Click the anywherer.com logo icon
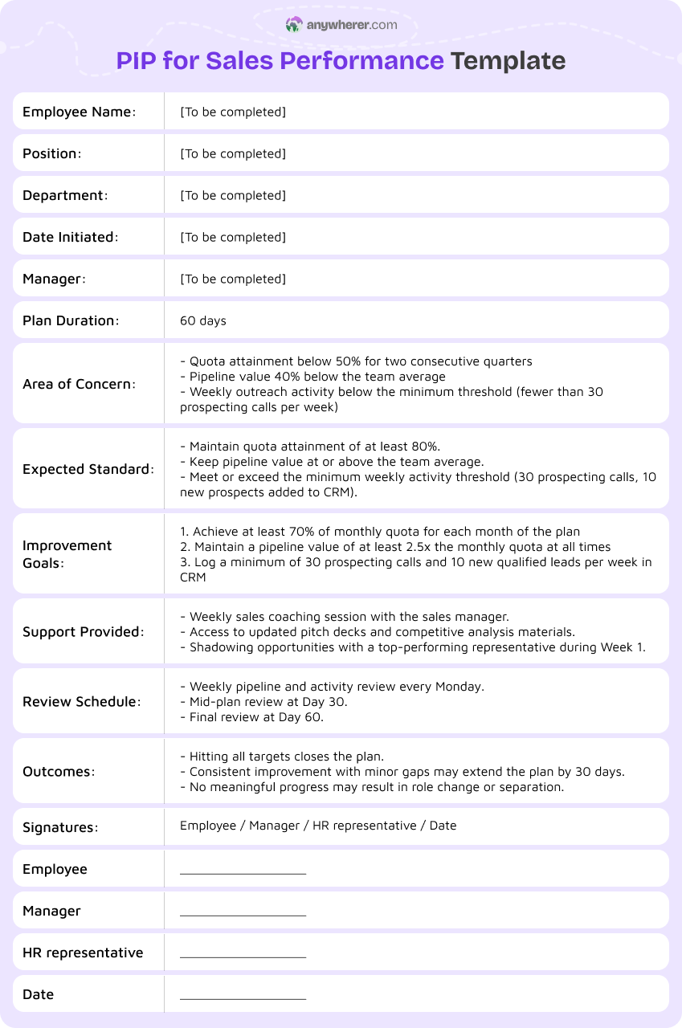point(294,25)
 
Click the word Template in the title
point(508,60)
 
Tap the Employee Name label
point(79,112)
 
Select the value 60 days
point(203,320)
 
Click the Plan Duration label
point(71,320)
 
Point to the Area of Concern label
point(79,384)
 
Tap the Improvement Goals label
point(67,554)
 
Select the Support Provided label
point(84,632)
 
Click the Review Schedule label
point(81,702)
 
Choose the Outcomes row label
point(59,772)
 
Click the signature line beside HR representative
point(243,956)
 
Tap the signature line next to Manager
point(243,914)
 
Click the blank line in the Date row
point(243,997)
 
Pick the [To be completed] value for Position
point(233,153)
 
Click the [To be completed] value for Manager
point(233,279)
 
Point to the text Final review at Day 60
point(255,717)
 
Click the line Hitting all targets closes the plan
point(286,757)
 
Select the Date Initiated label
point(71,237)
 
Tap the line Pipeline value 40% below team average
point(316,377)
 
